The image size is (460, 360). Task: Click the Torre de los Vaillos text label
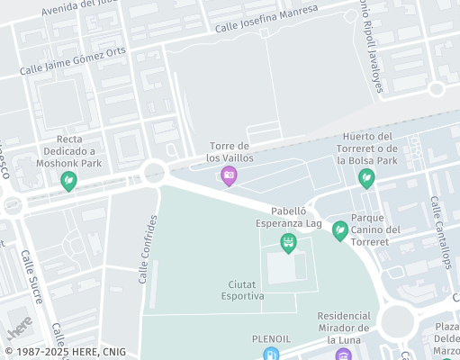pyautogui.click(x=229, y=152)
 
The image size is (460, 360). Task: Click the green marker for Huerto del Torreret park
pyautogui.click(x=366, y=178)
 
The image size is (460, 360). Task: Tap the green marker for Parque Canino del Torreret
pyautogui.click(x=340, y=230)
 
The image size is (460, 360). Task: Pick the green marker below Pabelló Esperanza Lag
pyautogui.click(x=288, y=241)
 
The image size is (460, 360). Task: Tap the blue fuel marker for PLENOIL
pyautogui.click(x=270, y=354)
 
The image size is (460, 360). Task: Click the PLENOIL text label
pyautogui.click(x=270, y=338)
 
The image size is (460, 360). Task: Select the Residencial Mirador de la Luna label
pyautogui.click(x=344, y=328)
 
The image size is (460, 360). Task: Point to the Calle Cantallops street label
pyautogui.click(x=440, y=232)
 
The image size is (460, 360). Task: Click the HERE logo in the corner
pyautogui.click(x=20, y=322)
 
